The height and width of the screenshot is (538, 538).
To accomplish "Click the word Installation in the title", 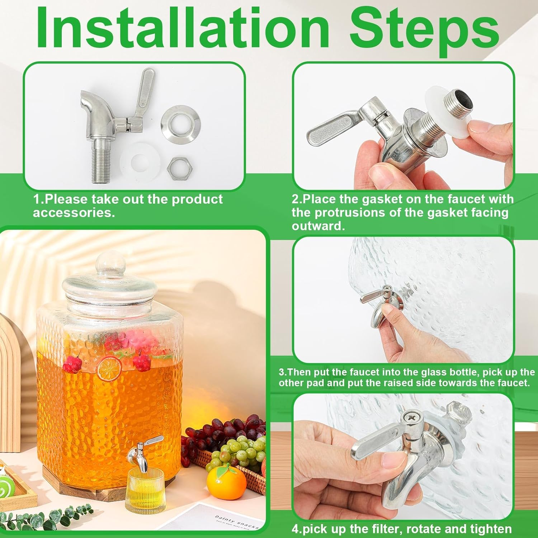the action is point(183,28).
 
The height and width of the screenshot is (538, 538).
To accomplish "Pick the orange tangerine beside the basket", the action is point(227,481).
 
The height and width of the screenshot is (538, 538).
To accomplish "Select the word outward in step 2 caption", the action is point(318,226).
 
